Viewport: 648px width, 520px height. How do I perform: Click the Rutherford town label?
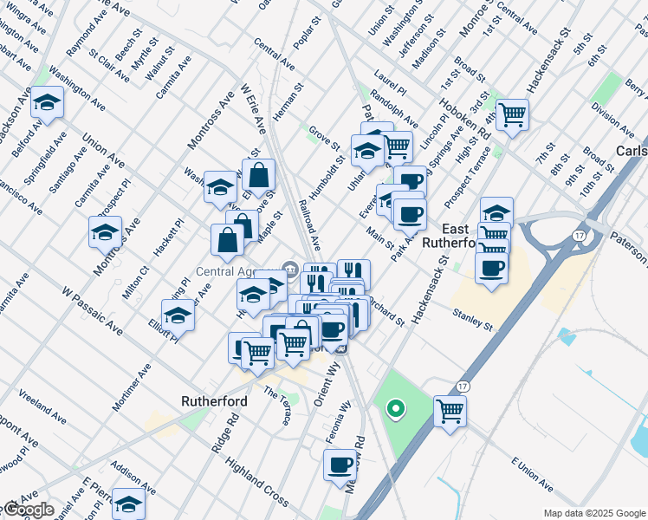(x=214, y=401)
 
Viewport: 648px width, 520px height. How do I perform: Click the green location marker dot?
(x=396, y=408)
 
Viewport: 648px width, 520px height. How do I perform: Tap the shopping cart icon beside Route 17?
(x=451, y=410)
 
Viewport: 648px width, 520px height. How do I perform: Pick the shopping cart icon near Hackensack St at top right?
(x=513, y=113)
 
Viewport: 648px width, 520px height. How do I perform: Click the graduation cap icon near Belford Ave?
(x=47, y=103)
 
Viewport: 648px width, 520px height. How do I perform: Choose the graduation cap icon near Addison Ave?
(x=128, y=504)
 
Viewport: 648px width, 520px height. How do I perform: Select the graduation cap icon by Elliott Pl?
(x=178, y=315)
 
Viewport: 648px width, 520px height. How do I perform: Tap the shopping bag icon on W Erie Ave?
(x=258, y=175)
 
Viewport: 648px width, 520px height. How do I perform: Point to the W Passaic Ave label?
(x=92, y=310)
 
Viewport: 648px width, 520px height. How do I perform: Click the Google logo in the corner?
(x=28, y=510)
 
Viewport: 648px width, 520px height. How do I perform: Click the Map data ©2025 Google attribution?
(x=594, y=513)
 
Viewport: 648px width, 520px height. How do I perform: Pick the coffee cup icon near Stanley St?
(x=491, y=268)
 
